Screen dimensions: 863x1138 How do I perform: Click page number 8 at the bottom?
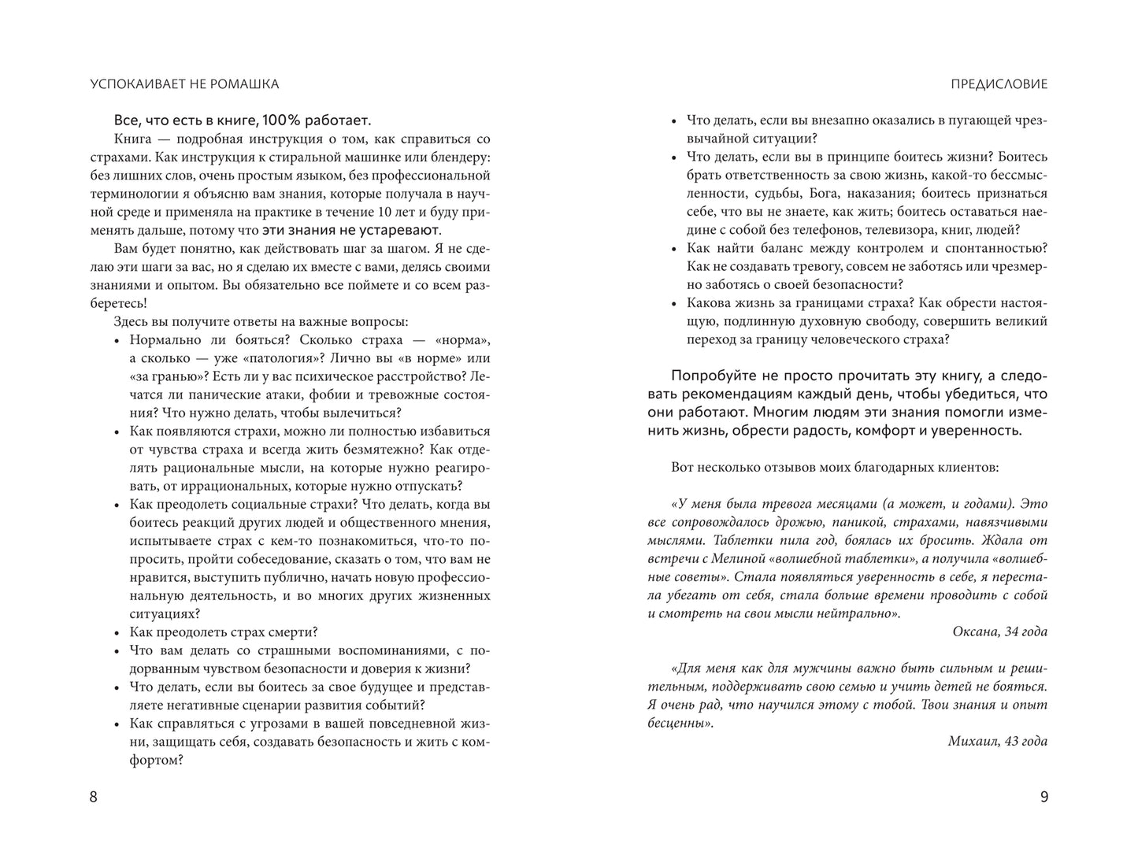(x=94, y=797)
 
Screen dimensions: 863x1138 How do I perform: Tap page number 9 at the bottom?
(x=1043, y=797)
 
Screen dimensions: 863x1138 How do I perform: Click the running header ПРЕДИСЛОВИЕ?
(x=999, y=84)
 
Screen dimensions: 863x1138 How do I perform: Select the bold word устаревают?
(x=400, y=230)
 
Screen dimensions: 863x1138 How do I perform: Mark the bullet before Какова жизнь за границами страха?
(x=673, y=303)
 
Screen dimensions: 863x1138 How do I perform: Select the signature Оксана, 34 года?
(x=999, y=632)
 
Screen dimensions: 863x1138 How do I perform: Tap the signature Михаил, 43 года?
(x=997, y=741)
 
